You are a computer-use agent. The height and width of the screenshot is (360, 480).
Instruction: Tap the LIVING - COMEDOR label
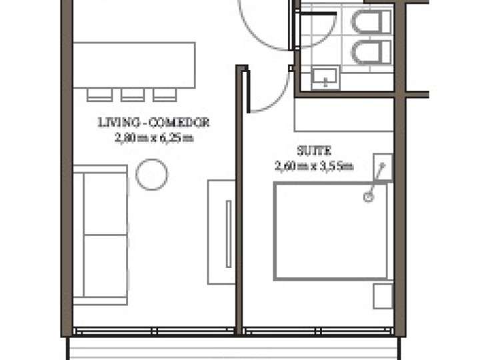[153, 123]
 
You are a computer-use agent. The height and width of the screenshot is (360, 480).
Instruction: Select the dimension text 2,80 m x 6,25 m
[153, 139]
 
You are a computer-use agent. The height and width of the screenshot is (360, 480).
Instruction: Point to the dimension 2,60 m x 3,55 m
[313, 166]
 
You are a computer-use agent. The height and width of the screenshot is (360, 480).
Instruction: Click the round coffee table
[152, 175]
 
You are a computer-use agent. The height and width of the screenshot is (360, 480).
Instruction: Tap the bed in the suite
[331, 231]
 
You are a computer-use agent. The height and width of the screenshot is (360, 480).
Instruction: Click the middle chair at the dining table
[133, 95]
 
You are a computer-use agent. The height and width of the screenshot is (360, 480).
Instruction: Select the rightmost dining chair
[164, 95]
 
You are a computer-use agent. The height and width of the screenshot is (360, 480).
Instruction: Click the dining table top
[134, 65]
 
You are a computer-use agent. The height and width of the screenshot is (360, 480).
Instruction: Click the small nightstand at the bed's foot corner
[383, 295]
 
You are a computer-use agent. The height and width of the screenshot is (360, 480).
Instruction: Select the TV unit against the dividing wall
[220, 231]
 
